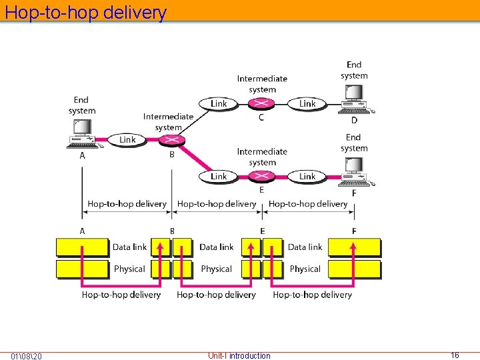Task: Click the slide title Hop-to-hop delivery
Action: tap(85, 12)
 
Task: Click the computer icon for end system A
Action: tap(83, 133)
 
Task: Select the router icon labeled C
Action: tap(261, 103)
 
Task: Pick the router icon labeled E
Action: tap(261, 176)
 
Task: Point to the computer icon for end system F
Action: tap(354, 172)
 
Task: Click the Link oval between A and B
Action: tap(127, 140)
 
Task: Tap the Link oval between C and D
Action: tap(307, 103)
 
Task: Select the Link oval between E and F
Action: tap(307, 176)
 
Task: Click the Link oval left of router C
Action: tap(219, 103)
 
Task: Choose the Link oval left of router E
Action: tap(219, 176)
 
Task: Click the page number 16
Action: tap(455, 355)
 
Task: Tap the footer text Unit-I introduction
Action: tap(239, 355)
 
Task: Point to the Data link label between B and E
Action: tap(217, 247)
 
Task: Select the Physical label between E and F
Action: tap(305, 269)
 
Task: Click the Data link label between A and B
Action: tap(130, 247)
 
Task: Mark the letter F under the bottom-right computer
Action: tap(354, 193)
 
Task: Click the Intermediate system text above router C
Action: tap(262, 84)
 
